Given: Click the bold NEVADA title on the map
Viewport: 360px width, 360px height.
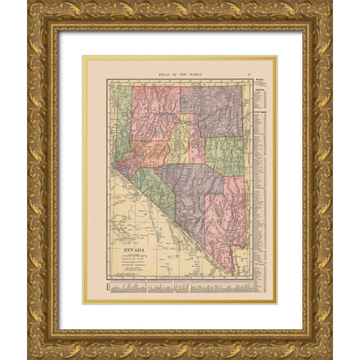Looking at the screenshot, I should pyautogui.click(x=134, y=244).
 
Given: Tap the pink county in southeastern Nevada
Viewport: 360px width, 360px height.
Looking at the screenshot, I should pyautogui.click(x=225, y=217).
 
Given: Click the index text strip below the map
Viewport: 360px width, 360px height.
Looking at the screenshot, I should pyautogui.click(x=180, y=289).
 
